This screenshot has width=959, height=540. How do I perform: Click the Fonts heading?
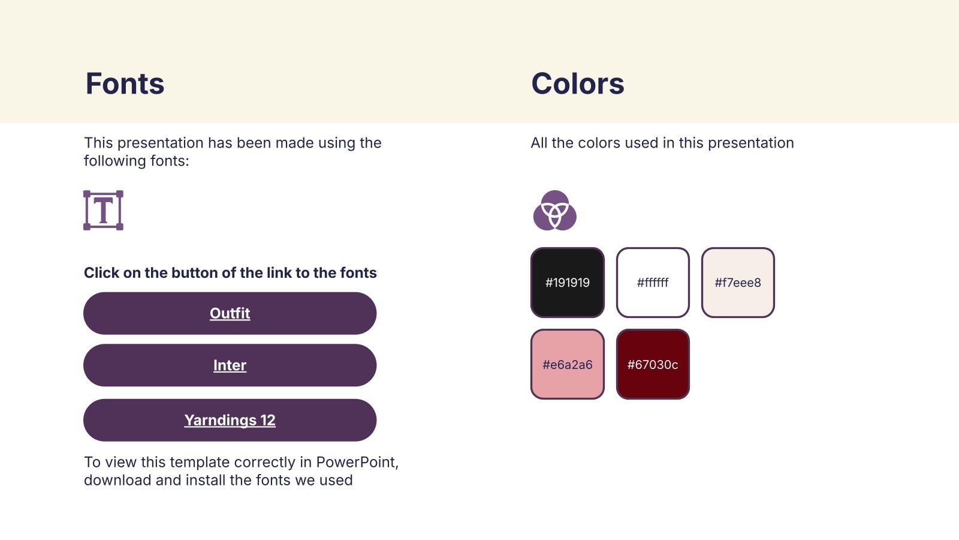coord(125,83)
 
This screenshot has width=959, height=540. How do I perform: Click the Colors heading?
coord(578,83)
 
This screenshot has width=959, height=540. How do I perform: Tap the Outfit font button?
coord(230,313)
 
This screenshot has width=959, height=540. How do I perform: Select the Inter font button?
coord(230,365)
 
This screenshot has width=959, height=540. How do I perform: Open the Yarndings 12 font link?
coord(230,420)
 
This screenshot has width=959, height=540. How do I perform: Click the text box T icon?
coord(103,211)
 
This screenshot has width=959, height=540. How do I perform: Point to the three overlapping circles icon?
coord(555,211)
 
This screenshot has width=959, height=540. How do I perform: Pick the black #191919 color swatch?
coord(567,283)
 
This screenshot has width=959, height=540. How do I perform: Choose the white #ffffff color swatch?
coord(653,283)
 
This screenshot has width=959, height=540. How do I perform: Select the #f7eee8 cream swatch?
coord(738,283)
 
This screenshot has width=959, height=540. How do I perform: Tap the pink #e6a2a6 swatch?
coord(567,364)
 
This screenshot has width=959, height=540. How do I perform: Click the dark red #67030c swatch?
coord(653,364)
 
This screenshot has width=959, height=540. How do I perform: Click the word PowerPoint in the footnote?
coord(357,462)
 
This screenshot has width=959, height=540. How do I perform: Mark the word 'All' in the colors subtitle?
coord(539,143)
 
